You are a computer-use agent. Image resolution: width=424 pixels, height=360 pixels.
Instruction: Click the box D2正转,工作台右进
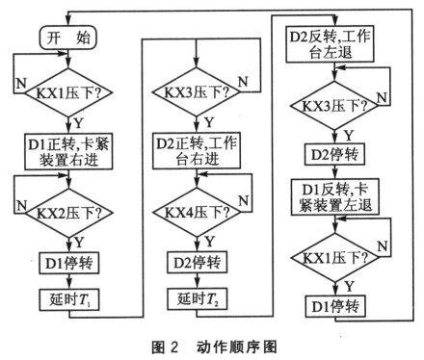[x=201, y=152]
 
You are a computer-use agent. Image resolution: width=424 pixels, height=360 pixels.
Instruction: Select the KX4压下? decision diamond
[x=201, y=209]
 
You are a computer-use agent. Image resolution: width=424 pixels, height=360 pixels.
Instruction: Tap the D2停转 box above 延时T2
[x=201, y=259]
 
